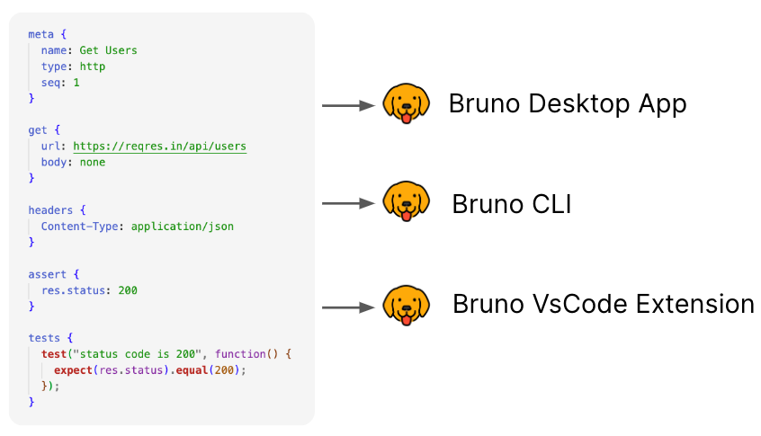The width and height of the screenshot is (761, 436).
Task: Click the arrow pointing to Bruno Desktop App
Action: pos(348,105)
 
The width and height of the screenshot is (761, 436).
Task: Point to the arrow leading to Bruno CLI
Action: pos(348,204)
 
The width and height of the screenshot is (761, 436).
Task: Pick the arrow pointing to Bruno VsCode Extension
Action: pos(348,307)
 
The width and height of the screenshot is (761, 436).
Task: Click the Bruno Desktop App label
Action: pos(568,104)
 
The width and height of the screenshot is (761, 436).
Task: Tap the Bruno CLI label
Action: pos(512,205)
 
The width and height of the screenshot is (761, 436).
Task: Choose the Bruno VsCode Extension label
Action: pos(603,304)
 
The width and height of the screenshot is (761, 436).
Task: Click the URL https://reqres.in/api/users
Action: pos(159,146)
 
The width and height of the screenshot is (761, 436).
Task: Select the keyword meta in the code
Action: pos(40,34)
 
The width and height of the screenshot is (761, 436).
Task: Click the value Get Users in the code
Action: pos(108,50)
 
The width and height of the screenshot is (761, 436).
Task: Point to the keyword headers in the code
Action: pos(50,209)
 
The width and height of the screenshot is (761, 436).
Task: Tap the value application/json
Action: pos(182,226)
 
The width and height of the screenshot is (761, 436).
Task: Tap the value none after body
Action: pos(92,162)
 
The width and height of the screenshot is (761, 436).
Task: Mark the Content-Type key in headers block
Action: pos(79,226)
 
